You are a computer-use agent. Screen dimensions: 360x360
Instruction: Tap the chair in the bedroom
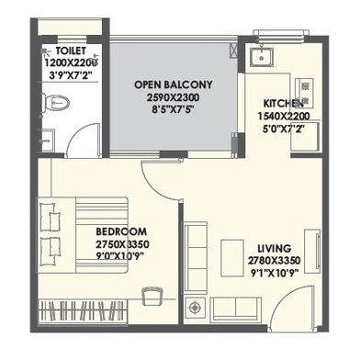[152, 296]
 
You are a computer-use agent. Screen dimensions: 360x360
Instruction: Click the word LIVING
[275, 248]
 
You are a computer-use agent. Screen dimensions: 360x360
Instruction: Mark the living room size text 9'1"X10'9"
[275, 273]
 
